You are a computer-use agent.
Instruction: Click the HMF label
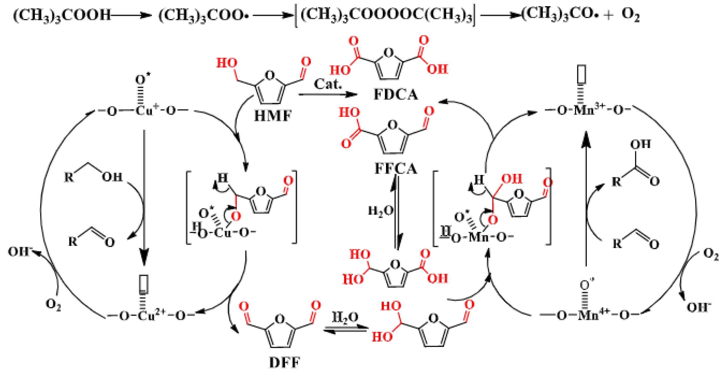click(272, 116)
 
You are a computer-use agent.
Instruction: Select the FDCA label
click(395, 95)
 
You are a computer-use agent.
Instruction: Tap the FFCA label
click(395, 169)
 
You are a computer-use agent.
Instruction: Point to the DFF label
click(285, 363)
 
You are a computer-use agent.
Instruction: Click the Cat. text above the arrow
click(328, 84)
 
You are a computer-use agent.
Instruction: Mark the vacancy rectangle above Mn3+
click(582, 74)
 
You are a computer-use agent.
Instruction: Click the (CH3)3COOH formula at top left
click(62, 15)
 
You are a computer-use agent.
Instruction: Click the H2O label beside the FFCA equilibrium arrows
click(380, 211)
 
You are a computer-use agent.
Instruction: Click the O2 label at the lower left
click(53, 304)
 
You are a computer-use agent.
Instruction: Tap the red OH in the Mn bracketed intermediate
click(511, 179)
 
